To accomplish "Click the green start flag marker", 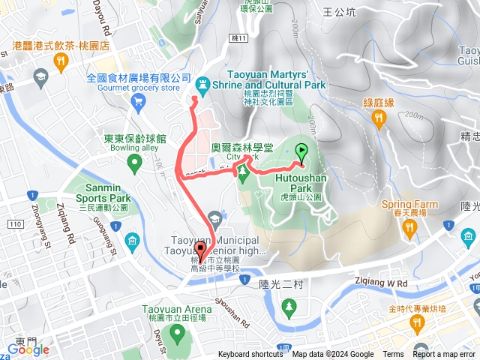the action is pos(301,151).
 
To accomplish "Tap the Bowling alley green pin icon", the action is pos(134,161).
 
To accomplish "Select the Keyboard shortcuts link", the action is pos(251,355).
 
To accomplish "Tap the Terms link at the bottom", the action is pos(393,355).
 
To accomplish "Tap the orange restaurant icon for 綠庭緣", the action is pos(378,118).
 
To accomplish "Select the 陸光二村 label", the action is pos(283,283).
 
